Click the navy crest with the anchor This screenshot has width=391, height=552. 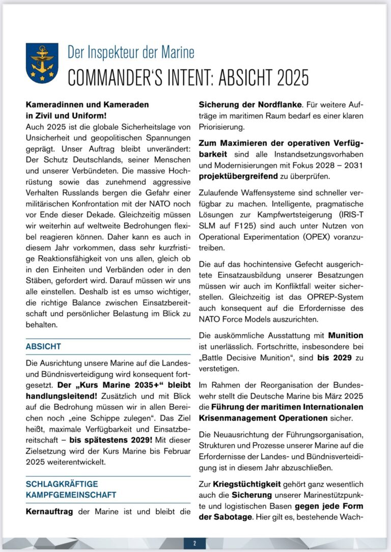click(42, 63)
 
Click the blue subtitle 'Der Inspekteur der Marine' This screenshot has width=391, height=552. click(131, 52)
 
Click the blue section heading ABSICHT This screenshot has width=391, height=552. click(43, 346)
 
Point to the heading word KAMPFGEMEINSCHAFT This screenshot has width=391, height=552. click(71, 494)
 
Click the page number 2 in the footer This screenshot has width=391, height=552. click(195, 543)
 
